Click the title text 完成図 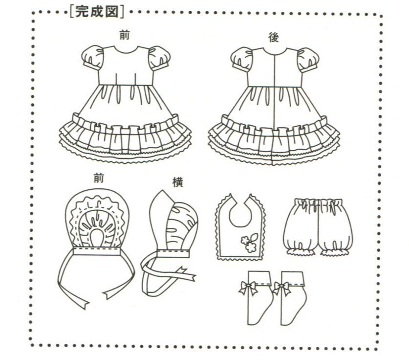(x=97, y=10)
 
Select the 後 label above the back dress (x=273, y=37)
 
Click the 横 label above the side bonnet (x=177, y=181)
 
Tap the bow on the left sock (x=248, y=288)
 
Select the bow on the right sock (x=282, y=288)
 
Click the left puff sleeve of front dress (x=93, y=58)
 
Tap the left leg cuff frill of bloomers (x=299, y=251)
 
